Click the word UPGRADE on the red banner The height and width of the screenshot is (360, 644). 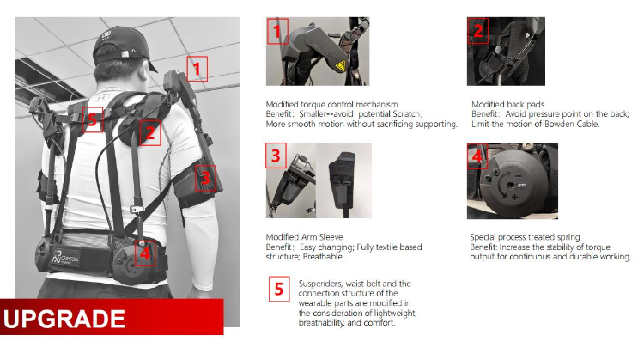coord(64,319)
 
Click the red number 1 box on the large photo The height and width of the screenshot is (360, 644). coord(197,69)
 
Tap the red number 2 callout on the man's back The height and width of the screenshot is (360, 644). coord(150,132)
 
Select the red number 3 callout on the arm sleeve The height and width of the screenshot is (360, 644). coord(205,178)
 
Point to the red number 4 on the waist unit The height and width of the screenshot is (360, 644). coord(144,253)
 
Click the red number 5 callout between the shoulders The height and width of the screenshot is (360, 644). coord(93,120)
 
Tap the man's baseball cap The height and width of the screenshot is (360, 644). coord(123,46)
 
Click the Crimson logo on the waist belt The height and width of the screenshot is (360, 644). coord(66,259)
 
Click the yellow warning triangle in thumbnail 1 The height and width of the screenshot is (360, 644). coord(341,65)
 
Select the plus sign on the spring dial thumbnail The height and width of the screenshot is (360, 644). coord(514,197)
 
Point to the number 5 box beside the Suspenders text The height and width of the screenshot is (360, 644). coord(279,289)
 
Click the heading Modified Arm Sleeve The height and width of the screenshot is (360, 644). coord(304,237)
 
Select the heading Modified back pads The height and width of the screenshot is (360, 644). coord(507,104)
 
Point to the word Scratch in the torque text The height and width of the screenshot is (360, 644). coord(406,113)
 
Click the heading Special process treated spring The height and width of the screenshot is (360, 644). coord(525,237)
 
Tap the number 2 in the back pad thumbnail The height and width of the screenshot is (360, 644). coord(477,31)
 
